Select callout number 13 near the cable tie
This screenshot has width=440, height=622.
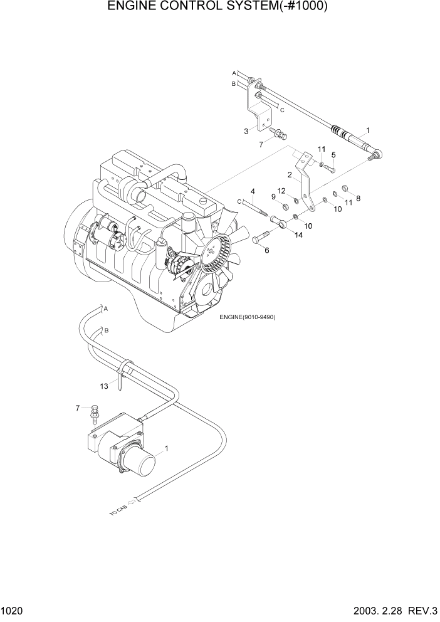point(104,386)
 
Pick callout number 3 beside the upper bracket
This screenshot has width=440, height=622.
point(246,131)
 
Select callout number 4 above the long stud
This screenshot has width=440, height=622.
point(253,191)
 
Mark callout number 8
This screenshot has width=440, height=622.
point(358,199)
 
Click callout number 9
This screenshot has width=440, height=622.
point(273,197)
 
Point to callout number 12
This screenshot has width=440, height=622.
point(281,191)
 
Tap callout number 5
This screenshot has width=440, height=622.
point(333,154)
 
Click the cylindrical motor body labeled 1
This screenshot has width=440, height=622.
point(144,467)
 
